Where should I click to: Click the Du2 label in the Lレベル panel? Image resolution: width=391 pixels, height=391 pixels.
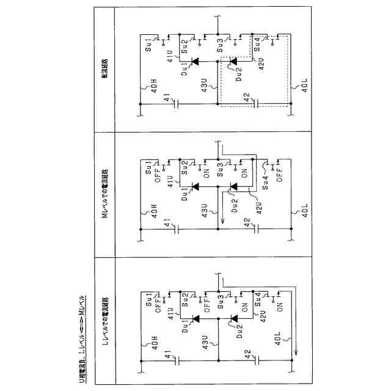point(241,332)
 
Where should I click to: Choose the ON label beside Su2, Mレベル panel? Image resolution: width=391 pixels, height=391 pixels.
point(189,172)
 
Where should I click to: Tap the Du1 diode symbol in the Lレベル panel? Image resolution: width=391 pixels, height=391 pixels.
point(195,318)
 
